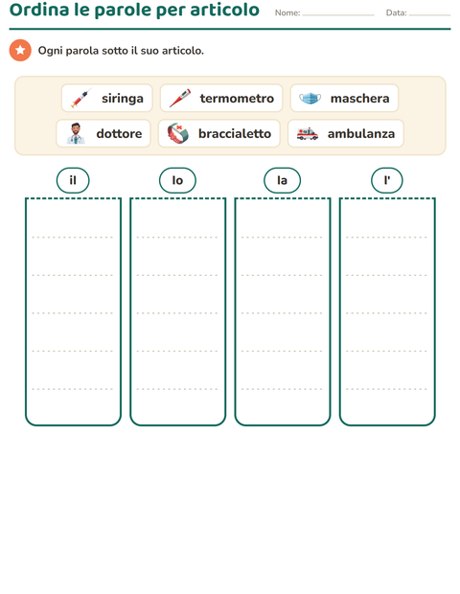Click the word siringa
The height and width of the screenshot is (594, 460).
[x=123, y=99]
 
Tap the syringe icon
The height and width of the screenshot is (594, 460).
[x=80, y=98]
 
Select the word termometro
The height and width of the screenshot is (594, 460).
[x=237, y=99]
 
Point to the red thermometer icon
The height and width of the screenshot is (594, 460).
[x=180, y=98]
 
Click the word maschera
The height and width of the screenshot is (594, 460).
[x=360, y=99]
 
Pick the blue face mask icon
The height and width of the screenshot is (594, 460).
[x=310, y=98]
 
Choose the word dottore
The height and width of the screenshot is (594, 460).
[x=119, y=134]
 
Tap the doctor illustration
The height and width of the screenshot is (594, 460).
[x=76, y=133]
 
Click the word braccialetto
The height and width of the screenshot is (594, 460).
[x=235, y=134]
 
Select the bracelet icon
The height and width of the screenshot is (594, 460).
[x=178, y=133]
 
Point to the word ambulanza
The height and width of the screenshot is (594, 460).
[x=361, y=134]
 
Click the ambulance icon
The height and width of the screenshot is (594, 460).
[x=308, y=134]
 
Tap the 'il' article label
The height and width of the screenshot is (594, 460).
[x=73, y=180]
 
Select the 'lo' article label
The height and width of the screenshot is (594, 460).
[x=177, y=180]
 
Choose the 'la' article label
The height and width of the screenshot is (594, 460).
[x=283, y=180]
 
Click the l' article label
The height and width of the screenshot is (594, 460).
[x=387, y=180]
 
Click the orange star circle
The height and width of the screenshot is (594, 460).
[x=20, y=50]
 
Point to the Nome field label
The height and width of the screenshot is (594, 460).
[x=287, y=12]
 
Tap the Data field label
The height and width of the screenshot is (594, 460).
[x=397, y=12]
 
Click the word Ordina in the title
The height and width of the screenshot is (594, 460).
[x=39, y=10]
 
